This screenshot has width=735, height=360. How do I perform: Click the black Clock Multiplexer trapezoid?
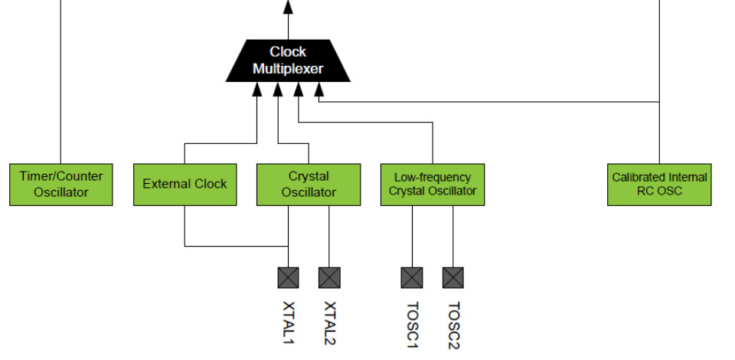click(288, 61)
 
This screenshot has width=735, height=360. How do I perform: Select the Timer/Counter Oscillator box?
click(60, 184)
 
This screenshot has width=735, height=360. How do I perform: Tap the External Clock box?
click(185, 184)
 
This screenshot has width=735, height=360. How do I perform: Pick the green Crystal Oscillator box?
click(309, 184)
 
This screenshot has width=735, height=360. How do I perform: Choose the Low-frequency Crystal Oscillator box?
click(433, 184)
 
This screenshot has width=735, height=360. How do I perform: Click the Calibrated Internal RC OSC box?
click(659, 184)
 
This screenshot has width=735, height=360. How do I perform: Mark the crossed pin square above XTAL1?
click(288, 277)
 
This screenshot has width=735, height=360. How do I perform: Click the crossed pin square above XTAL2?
click(329, 277)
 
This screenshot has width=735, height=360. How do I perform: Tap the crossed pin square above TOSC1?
click(412, 277)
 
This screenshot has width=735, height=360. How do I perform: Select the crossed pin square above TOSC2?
click(453, 277)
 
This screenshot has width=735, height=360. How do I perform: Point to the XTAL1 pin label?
click(289, 322)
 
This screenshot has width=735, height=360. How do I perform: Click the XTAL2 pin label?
click(330, 322)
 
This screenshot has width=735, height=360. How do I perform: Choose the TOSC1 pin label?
click(413, 325)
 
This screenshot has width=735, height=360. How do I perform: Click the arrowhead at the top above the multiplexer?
click(288, 7)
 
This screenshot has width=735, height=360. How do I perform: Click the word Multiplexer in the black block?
click(288, 69)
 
